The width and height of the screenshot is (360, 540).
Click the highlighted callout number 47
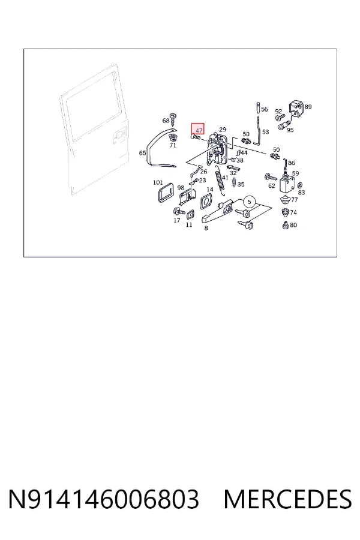click(x=199, y=131)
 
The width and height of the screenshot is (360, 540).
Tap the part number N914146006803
click(x=103, y=499)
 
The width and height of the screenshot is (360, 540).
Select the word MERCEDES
click(x=287, y=499)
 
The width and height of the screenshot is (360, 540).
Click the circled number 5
click(x=250, y=202)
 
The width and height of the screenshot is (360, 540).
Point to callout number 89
click(x=308, y=107)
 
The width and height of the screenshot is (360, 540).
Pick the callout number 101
click(x=158, y=182)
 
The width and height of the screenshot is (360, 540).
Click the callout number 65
click(x=142, y=153)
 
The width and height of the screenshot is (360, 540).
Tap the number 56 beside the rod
click(x=264, y=109)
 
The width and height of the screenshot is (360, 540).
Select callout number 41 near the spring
click(x=225, y=178)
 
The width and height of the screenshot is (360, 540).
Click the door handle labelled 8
click(x=218, y=211)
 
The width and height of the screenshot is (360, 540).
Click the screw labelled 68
click(x=173, y=118)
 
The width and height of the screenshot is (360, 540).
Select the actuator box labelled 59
click(x=287, y=184)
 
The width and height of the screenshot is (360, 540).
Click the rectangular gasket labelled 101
click(x=165, y=193)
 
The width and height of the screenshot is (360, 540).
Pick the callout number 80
click(x=293, y=225)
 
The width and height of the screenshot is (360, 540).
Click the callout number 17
click(x=177, y=220)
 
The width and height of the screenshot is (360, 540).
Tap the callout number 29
click(x=223, y=130)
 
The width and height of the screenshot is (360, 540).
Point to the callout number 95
click(x=290, y=130)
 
